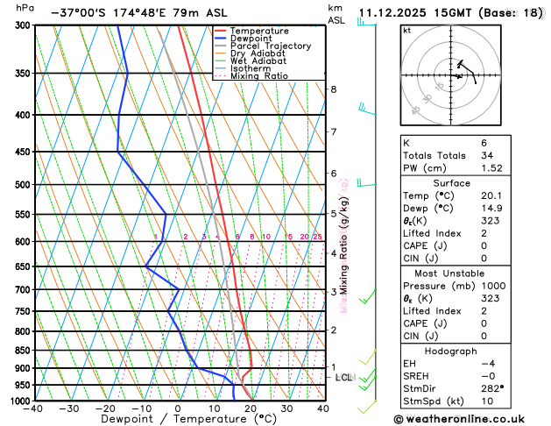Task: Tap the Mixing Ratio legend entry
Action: [259, 76]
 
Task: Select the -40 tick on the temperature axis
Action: [34, 408]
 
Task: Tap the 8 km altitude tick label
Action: [333, 89]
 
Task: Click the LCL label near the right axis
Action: [344, 378]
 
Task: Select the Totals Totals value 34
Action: [487, 155]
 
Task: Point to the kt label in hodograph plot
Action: [407, 30]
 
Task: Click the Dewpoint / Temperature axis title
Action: [179, 420]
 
